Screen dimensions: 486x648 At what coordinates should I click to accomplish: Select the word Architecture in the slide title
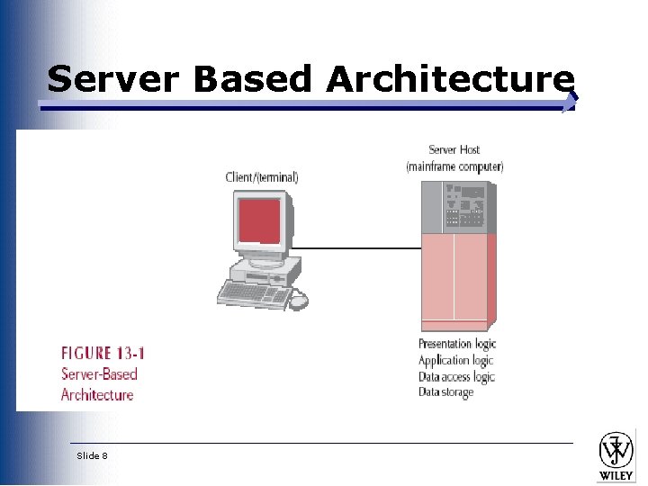pos(450,79)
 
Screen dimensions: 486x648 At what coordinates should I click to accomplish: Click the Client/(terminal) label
pos(262,177)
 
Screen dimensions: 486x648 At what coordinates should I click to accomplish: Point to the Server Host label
pos(454,150)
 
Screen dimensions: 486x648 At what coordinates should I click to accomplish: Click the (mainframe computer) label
pos(454,166)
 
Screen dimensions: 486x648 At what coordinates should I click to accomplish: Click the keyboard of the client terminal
pos(254,292)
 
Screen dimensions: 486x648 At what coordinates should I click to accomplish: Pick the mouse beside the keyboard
pos(298,301)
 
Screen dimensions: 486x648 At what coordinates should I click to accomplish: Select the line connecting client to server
pos(360,247)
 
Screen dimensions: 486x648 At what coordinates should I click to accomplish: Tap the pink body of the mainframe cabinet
pos(456,279)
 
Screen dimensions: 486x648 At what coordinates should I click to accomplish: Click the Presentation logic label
pos(457,344)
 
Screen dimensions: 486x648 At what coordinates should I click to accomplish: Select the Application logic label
pos(455,360)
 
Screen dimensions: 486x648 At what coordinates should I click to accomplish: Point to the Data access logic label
pos(456,376)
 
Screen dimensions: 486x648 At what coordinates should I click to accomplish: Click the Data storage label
pos(445,392)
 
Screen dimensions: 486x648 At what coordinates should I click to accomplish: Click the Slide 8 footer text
pos(92,455)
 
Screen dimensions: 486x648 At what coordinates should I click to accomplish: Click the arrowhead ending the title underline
pos(569,103)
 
